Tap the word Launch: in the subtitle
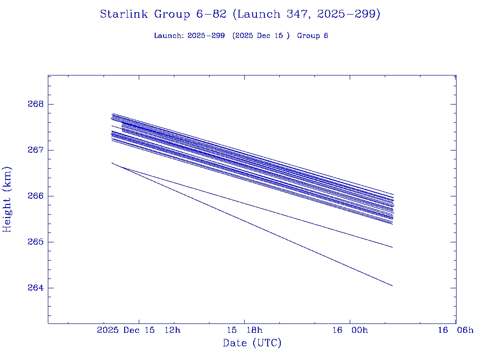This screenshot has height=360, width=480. [169, 36]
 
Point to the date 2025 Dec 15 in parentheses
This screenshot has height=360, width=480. [261, 36]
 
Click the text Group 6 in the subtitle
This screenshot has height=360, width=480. [313, 36]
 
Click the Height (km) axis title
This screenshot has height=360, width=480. [7, 199]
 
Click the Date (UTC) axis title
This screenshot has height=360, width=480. [252, 343]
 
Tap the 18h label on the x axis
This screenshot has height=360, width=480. [254, 330]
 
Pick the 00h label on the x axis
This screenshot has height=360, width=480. [359, 330]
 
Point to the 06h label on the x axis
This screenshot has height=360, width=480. [465, 330]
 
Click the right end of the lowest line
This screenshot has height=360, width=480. [392, 285]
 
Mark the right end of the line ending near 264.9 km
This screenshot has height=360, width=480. [392, 247]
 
